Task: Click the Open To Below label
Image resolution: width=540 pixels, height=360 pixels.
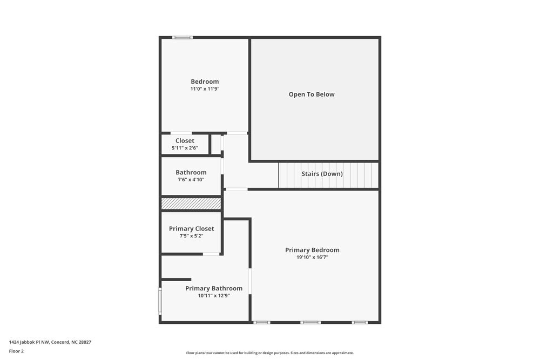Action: pyautogui.click(x=312, y=94)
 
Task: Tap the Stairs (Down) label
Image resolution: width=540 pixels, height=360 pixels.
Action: pyautogui.click(x=322, y=174)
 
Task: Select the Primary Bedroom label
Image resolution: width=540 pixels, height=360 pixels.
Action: pyautogui.click(x=312, y=250)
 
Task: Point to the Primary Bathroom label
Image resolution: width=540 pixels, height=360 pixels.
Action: pyautogui.click(x=214, y=288)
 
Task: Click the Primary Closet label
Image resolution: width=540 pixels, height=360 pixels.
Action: pyautogui.click(x=191, y=229)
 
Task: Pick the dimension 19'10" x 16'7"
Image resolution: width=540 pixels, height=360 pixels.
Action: pyautogui.click(x=312, y=257)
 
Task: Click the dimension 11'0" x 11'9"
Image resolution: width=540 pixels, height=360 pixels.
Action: pyautogui.click(x=205, y=89)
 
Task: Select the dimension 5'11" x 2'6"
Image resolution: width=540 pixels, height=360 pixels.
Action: pyautogui.click(x=185, y=148)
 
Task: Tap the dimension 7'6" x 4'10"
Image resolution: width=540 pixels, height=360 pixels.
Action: pyautogui.click(x=191, y=180)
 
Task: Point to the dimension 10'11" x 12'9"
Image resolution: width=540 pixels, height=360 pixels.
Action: pyautogui.click(x=214, y=296)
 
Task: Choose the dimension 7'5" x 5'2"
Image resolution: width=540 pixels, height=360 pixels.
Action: pyautogui.click(x=191, y=236)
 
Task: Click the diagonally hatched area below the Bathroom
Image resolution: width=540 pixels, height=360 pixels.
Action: pyautogui.click(x=191, y=203)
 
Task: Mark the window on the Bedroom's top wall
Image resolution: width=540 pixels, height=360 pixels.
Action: pyautogui.click(x=183, y=37)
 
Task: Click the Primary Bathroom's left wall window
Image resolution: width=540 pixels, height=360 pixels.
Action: pyautogui.click(x=160, y=301)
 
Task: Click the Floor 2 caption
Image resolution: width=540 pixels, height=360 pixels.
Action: pyautogui.click(x=16, y=351)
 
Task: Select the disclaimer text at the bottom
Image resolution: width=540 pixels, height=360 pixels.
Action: pyautogui.click(x=270, y=353)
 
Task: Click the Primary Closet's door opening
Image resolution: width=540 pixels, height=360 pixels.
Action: pyautogui.click(x=211, y=254)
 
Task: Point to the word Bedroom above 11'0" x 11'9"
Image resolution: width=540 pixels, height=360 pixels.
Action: pyautogui.click(x=205, y=81)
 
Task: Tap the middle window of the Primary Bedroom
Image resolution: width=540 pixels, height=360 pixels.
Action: pyautogui.click(x=310, y=323)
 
